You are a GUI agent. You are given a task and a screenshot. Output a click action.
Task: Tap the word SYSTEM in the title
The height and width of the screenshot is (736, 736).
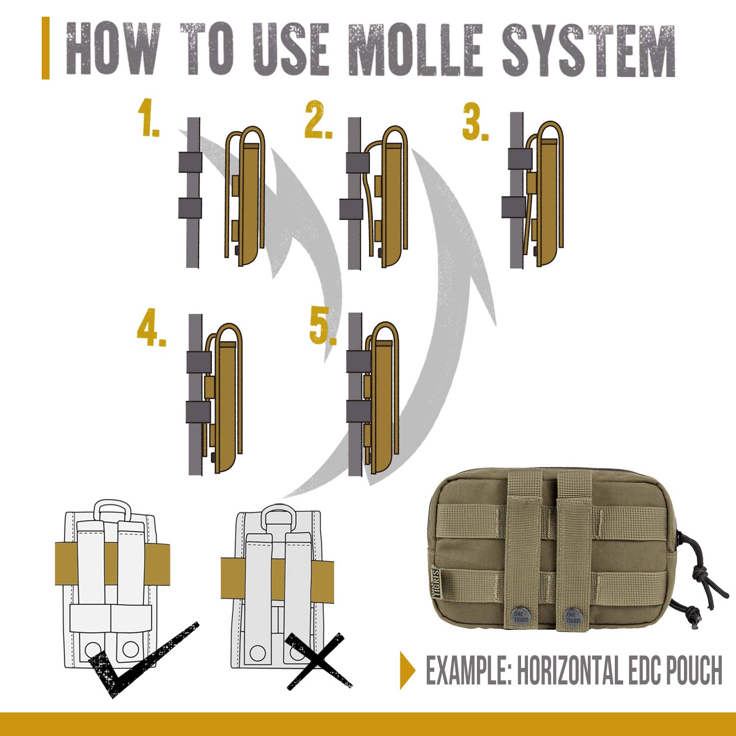pos(589,50)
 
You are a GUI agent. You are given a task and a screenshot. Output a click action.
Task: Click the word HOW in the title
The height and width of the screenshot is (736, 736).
pos(113,50)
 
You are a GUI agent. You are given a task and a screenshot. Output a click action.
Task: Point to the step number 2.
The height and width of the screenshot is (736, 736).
pos(318,119)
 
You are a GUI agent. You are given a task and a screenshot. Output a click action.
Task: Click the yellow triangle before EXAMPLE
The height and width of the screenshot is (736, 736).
pos(407,670)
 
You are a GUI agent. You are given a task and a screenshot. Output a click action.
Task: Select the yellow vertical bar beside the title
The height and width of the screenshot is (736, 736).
pos(46,48)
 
